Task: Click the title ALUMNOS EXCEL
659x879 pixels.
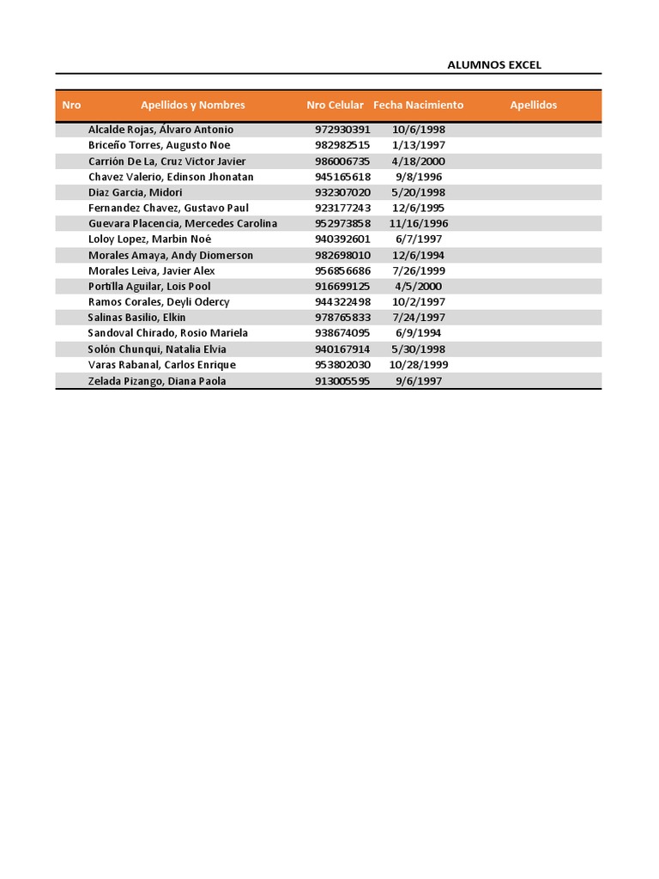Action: coord(494,65)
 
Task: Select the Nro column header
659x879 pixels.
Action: coord(71,106)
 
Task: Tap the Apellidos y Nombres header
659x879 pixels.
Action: coord(193,106)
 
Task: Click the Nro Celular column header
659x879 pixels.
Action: coord(335,106)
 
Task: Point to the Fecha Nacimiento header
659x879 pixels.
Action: coord(418,106)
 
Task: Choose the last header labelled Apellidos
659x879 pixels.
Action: coord(533,106)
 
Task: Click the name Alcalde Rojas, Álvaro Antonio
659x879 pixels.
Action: coord(160,130)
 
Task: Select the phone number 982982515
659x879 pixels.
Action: coord(342,145)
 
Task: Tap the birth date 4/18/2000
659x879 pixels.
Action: coord(418,161)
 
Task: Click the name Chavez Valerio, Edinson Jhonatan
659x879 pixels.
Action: coord(171,177)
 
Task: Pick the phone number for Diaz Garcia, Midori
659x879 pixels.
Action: coord(342,192)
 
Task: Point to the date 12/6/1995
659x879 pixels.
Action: coord(418,208)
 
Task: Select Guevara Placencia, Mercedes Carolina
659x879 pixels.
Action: coord(183,224)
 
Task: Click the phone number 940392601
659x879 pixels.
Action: coord(342,239)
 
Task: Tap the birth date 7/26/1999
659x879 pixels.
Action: coord(418,270)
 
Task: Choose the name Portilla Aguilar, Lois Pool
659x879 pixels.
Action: coord(149,287)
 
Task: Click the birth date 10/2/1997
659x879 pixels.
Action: coord(418,302)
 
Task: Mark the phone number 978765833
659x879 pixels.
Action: coord(342,318)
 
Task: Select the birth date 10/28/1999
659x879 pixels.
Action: coord(418,365)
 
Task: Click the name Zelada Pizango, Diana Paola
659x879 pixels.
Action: coord(157,381)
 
